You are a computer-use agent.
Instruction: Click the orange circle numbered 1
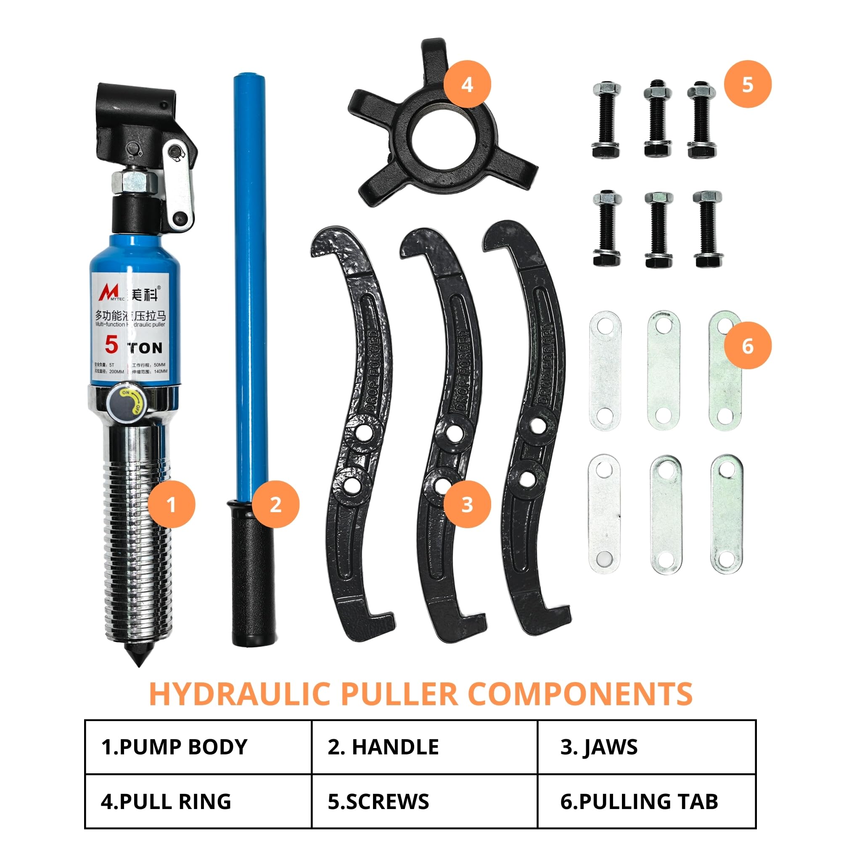tap(171, 505)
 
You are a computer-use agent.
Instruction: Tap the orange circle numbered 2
tap(275, 505)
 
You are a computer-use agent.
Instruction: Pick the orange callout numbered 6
tap(747, 346)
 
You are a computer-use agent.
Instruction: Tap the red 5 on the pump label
tap(111, 345)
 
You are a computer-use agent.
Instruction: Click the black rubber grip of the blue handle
tap(253, 574)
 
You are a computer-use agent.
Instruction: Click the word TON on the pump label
tap(145, 348)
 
